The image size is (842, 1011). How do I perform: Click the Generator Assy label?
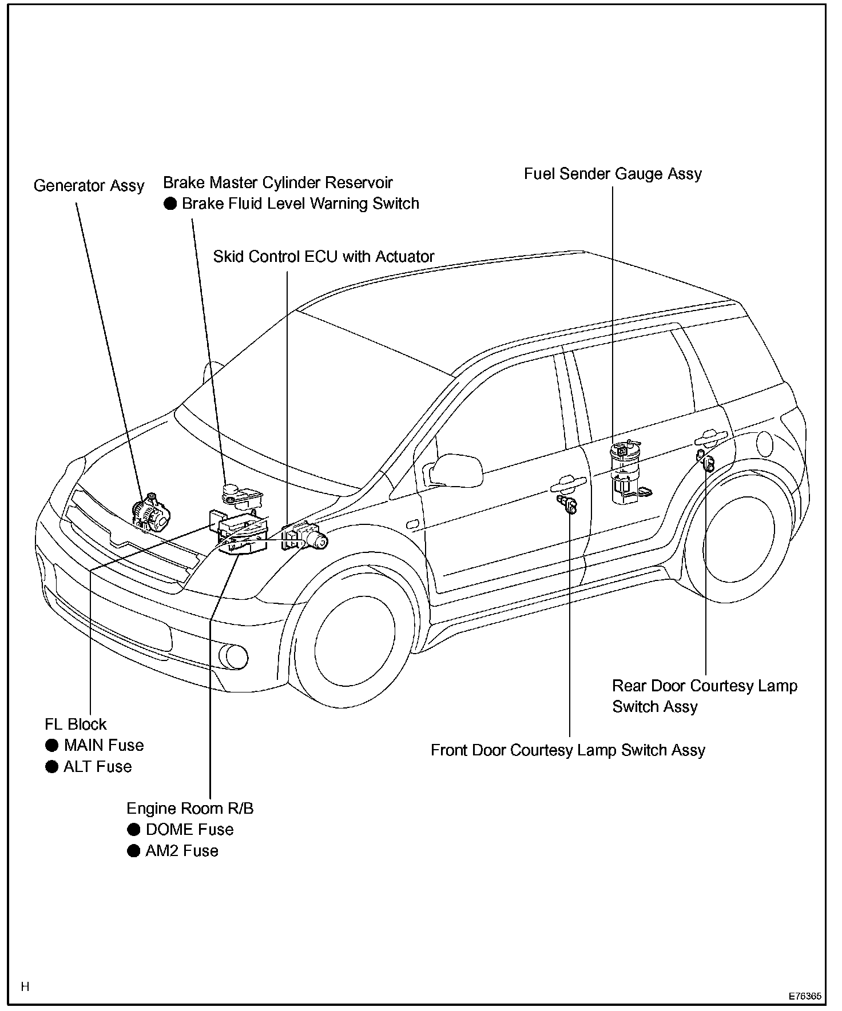tap(89, 186)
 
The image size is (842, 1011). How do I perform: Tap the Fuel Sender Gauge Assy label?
tap(613, 174)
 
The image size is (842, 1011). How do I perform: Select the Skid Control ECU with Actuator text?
tap(324, 257)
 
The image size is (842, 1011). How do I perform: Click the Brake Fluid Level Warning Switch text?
tap(300, 204)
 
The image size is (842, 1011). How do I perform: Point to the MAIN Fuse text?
tap(104, 745)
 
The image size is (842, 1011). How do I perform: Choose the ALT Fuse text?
tap(97, 766)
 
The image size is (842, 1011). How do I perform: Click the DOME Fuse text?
tap(189, 829)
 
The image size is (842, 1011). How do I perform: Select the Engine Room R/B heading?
tap(190, 808)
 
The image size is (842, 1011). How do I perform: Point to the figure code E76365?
tap(805, 996)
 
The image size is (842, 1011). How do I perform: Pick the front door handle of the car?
tap(569, 484)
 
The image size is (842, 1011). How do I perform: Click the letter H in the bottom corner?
tap(25, 986)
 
